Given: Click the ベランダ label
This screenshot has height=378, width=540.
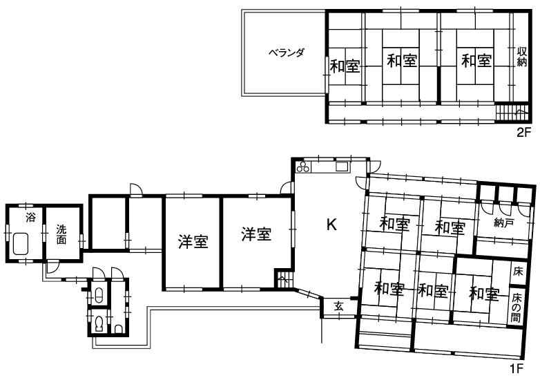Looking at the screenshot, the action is [x=287, y=53].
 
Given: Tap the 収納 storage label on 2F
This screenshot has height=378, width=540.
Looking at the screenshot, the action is [x=522, y=57].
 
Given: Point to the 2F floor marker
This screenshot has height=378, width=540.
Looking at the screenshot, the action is [x=524, y=132].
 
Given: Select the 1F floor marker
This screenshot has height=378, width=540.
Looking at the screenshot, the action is [x=517, y=369].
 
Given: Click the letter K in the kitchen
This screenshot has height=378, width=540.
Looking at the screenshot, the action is [x=331, y=225].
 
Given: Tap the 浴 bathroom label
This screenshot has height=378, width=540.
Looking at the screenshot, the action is [x=30, y=218].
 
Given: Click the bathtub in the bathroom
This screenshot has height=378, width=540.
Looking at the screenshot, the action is [x=21, y=244].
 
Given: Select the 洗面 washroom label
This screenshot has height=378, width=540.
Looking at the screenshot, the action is [x=61, y=234].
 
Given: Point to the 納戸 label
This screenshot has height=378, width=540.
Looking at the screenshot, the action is [x=503, y=223].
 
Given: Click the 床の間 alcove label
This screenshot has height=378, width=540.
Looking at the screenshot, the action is [x=516, y=308].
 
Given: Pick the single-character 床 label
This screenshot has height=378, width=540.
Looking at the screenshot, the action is [x=518, y=272].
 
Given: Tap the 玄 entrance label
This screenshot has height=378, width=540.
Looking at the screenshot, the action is [x=339, y=306].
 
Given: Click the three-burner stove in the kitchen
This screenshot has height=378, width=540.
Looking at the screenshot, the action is [x=303, y=167].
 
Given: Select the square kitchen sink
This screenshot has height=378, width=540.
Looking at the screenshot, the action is [x=342, y=167].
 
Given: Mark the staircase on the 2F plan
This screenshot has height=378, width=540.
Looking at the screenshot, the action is [x=512, y=113].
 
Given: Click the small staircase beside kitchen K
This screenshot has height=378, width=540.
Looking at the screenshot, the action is [x=283, y=279].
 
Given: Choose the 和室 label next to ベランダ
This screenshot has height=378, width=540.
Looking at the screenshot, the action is [x=345, y=66].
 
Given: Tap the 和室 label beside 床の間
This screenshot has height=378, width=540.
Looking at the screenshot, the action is [x=484, y=294].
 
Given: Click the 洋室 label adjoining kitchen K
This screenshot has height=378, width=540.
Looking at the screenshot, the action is [x=256, y=234].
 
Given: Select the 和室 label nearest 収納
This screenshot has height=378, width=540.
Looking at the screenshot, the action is [x=476, y=61].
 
